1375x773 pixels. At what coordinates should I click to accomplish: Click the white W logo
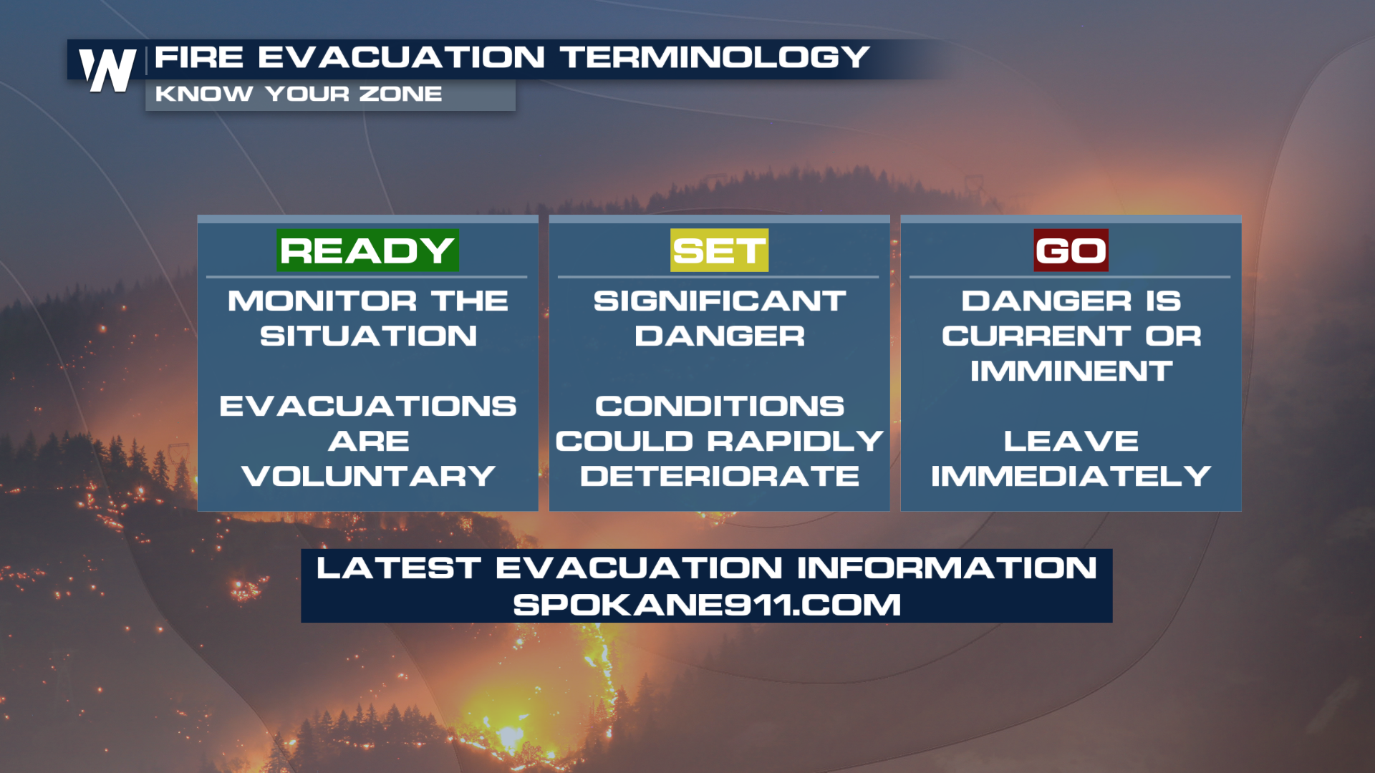(x=107, y=70)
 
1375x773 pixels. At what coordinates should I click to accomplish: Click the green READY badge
(x=367, y=251)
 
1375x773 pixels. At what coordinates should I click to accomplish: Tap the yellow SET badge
(x=719, y=251)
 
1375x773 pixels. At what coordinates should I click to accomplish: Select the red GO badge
(x=1071, y=251)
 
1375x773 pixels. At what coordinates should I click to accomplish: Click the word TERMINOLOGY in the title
(x=715, y=57)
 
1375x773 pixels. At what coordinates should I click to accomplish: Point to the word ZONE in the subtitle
(x=400, y=94)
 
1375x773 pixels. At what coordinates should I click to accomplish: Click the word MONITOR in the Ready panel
(x=322, y=301)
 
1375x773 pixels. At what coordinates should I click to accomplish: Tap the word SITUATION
(x=368, y=336)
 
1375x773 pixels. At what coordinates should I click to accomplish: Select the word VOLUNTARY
(x=368, y=476)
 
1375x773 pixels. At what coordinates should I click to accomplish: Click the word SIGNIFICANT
(x=720, y=301)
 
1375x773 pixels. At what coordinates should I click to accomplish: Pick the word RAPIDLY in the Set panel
(x=795, y=441)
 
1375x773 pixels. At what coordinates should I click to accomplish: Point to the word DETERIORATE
(x=720, y=476)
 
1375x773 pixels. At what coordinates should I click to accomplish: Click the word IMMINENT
(x=1071, y=371)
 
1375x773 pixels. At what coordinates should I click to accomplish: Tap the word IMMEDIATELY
(x=1071, y=476)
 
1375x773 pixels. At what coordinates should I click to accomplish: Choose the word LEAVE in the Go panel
(x=1071, y=441)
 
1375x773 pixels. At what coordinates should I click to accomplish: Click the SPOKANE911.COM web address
(x=707, y=605)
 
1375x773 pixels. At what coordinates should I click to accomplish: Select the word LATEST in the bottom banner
(x=398, y=568)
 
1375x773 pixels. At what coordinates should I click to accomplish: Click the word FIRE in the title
(x=199, y=57)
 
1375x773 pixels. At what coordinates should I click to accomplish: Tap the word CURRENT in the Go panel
(x=1036, y=336)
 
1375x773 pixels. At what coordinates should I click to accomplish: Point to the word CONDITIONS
(x=720, y=406)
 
